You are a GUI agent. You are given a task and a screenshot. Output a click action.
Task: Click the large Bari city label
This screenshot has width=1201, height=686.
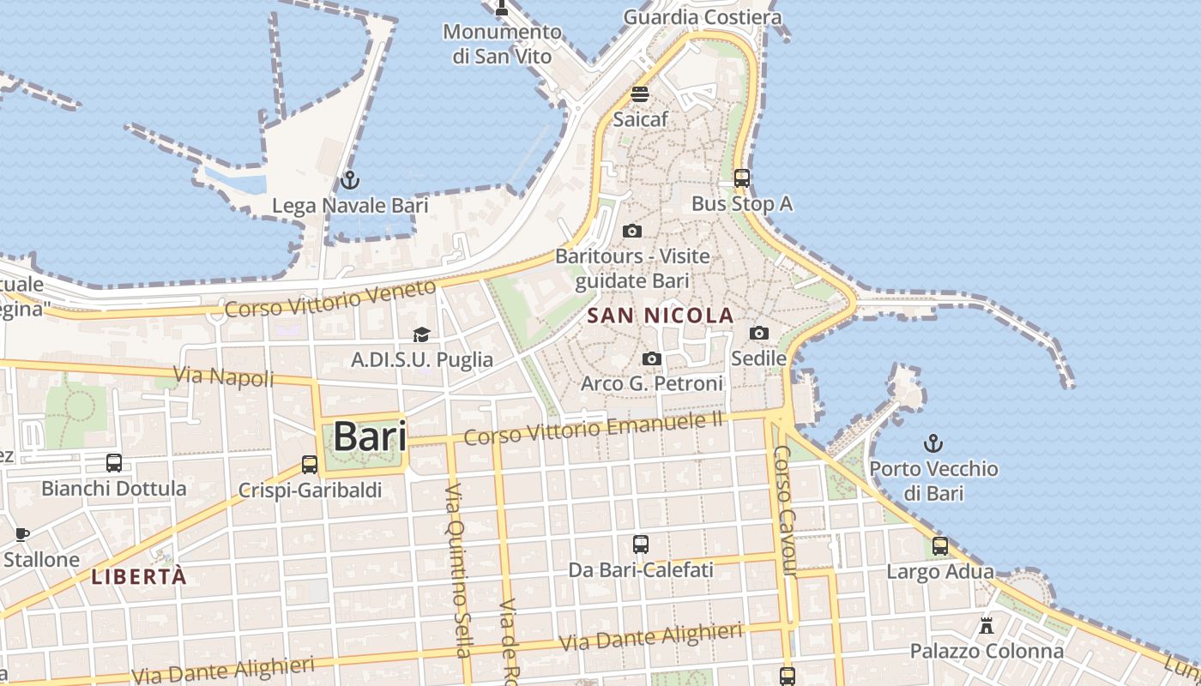tap(370, 436)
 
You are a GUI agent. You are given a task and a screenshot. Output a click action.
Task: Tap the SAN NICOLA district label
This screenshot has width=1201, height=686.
tap(661, 316)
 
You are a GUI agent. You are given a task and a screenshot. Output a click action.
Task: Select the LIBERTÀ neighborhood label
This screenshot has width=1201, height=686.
tap(139, 576)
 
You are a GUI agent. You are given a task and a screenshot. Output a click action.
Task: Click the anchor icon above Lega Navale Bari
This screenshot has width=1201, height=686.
tap(349, 181)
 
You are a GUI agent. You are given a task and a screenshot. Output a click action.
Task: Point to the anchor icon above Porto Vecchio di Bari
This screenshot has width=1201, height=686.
tap(932, 443)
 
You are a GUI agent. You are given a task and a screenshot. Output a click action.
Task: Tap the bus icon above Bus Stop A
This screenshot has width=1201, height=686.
tap(742, 178)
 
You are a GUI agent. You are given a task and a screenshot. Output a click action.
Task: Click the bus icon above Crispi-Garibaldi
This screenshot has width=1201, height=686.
tap(310, 465)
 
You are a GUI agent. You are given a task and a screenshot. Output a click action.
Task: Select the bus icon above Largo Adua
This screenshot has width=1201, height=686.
tap(940, 546)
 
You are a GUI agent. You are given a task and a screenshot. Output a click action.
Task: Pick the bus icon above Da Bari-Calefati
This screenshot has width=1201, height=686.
tap(641, 545)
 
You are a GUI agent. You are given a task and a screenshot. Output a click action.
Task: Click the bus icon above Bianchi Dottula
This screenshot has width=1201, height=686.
tap(114, 463)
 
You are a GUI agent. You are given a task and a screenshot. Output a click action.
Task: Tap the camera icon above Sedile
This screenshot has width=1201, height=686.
tap(759, 333)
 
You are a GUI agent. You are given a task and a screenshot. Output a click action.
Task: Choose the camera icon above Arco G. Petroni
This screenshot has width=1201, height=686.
tap(652, 358)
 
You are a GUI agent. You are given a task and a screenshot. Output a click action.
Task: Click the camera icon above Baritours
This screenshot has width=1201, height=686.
tap(632, 231)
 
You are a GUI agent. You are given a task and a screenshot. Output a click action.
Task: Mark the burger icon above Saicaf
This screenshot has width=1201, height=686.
tap(640, 93)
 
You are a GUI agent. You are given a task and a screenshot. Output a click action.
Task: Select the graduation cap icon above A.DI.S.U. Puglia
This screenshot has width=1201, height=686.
tap(421, 334)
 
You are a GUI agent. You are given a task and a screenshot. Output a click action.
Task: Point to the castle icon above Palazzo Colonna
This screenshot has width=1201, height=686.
tap(987, 626)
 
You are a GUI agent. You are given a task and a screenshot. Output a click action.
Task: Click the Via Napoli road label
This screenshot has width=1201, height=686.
tap(224, 376)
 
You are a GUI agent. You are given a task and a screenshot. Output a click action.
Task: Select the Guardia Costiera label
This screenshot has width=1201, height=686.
tap(703, 17)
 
